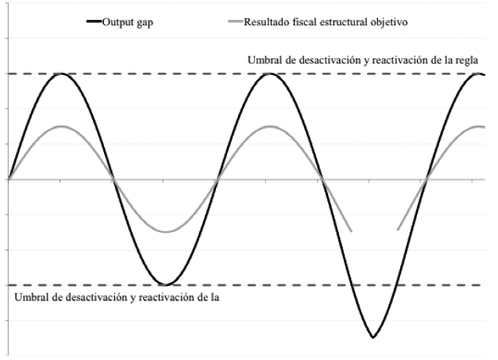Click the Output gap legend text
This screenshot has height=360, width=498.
(x=127, y=21)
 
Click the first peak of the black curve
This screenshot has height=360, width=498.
(x=60, y=74)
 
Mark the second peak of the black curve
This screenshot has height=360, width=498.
(x=270, y=74)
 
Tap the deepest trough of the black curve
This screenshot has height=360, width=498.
(x=372, y=338)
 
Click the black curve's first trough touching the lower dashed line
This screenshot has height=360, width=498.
(x=165, y=285)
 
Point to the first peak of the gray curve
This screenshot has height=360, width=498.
(x=60, y=126)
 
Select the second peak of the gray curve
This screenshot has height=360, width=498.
(x=270, y=126)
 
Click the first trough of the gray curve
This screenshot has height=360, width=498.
(x=165, y=232)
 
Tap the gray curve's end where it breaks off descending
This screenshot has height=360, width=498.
(x=351, y=231)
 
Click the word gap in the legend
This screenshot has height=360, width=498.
(x=144, y=21)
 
